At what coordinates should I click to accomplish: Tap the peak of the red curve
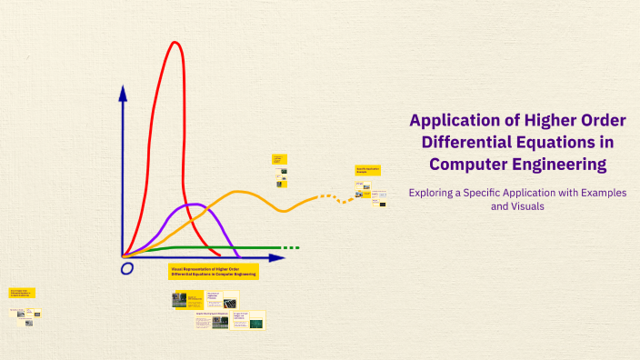coord(174,42)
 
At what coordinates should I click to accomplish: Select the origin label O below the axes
coord(126,268)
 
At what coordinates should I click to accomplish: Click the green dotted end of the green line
coord(289,247)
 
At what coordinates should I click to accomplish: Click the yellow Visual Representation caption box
coord(213,271)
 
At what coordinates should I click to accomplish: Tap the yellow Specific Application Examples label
coord(367,170)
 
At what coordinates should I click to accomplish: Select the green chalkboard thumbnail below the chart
coord(256,323)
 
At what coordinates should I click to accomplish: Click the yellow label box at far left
coord(22,293)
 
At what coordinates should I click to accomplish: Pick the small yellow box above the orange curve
coord(279,158)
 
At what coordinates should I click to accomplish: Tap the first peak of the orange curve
coord(240,192)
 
